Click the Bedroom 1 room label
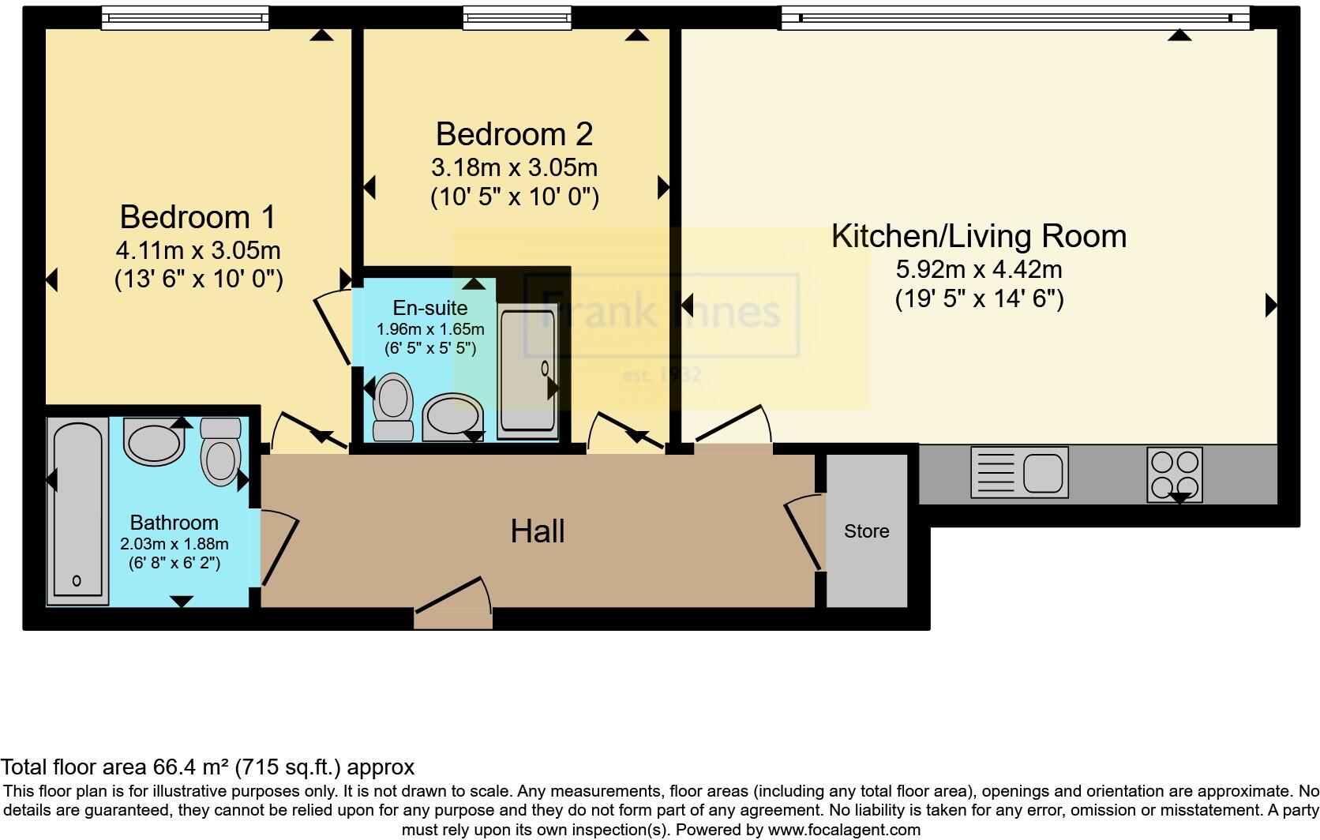pos(198,217)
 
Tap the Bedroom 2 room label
pos(514,134)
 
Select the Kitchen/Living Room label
pos(979,236)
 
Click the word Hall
pos(538,531)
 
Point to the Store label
pos(866,531)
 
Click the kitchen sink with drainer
pos(1019,472)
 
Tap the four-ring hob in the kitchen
pos(1175,474)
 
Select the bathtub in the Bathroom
pos(77,511)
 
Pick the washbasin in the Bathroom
pos(154,442)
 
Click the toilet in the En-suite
pos(393,407)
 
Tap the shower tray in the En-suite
pos(527,371)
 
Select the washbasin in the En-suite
pos(452,418)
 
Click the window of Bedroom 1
pos(185,17)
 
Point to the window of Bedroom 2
pos(517,17)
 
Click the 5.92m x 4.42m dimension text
pos(979,270)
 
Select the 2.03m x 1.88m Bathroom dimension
pos(174,544)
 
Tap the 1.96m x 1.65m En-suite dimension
pos(430,329)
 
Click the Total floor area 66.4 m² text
pos(208,767)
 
